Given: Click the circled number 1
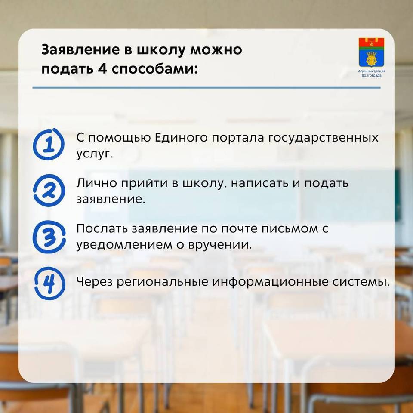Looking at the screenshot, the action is pos(49,145).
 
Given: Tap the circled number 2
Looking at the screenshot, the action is pos(49,191).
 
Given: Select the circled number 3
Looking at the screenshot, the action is pos(49,237).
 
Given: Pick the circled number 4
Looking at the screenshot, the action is pos(50,284).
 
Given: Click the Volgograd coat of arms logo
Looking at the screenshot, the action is pos(371,52).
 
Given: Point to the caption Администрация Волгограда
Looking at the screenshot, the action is pos(371,73).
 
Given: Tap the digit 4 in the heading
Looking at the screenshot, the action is pos(102,69).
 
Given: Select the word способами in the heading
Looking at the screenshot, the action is pos(154,69).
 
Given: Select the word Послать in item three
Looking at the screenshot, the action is pos(102,228).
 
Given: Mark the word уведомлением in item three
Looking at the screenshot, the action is pos(125,245).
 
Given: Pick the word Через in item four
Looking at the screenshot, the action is pos(94,282).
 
